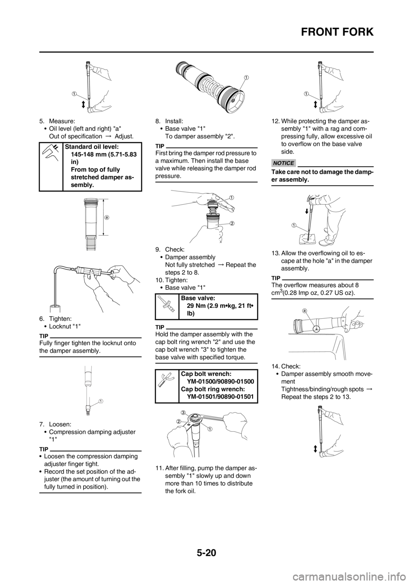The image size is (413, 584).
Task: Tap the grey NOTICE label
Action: coord(284,163)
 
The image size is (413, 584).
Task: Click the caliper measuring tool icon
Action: coord(50,153)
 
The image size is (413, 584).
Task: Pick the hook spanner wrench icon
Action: coord(166,379)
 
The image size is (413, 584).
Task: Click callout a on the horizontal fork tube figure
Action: coord(305,310)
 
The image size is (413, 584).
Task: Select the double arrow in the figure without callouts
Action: coord(315,448)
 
